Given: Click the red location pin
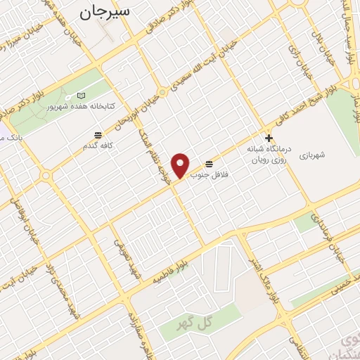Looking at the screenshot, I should [x=181, y=164].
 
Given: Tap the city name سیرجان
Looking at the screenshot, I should [x=106, y=11].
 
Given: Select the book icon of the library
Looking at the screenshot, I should [x=82, y=96].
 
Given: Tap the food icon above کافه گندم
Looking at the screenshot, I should [x=98, y=134].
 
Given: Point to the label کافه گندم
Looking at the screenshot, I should [x=98, y=146].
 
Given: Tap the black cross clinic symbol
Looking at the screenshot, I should [x=267, y=138].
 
